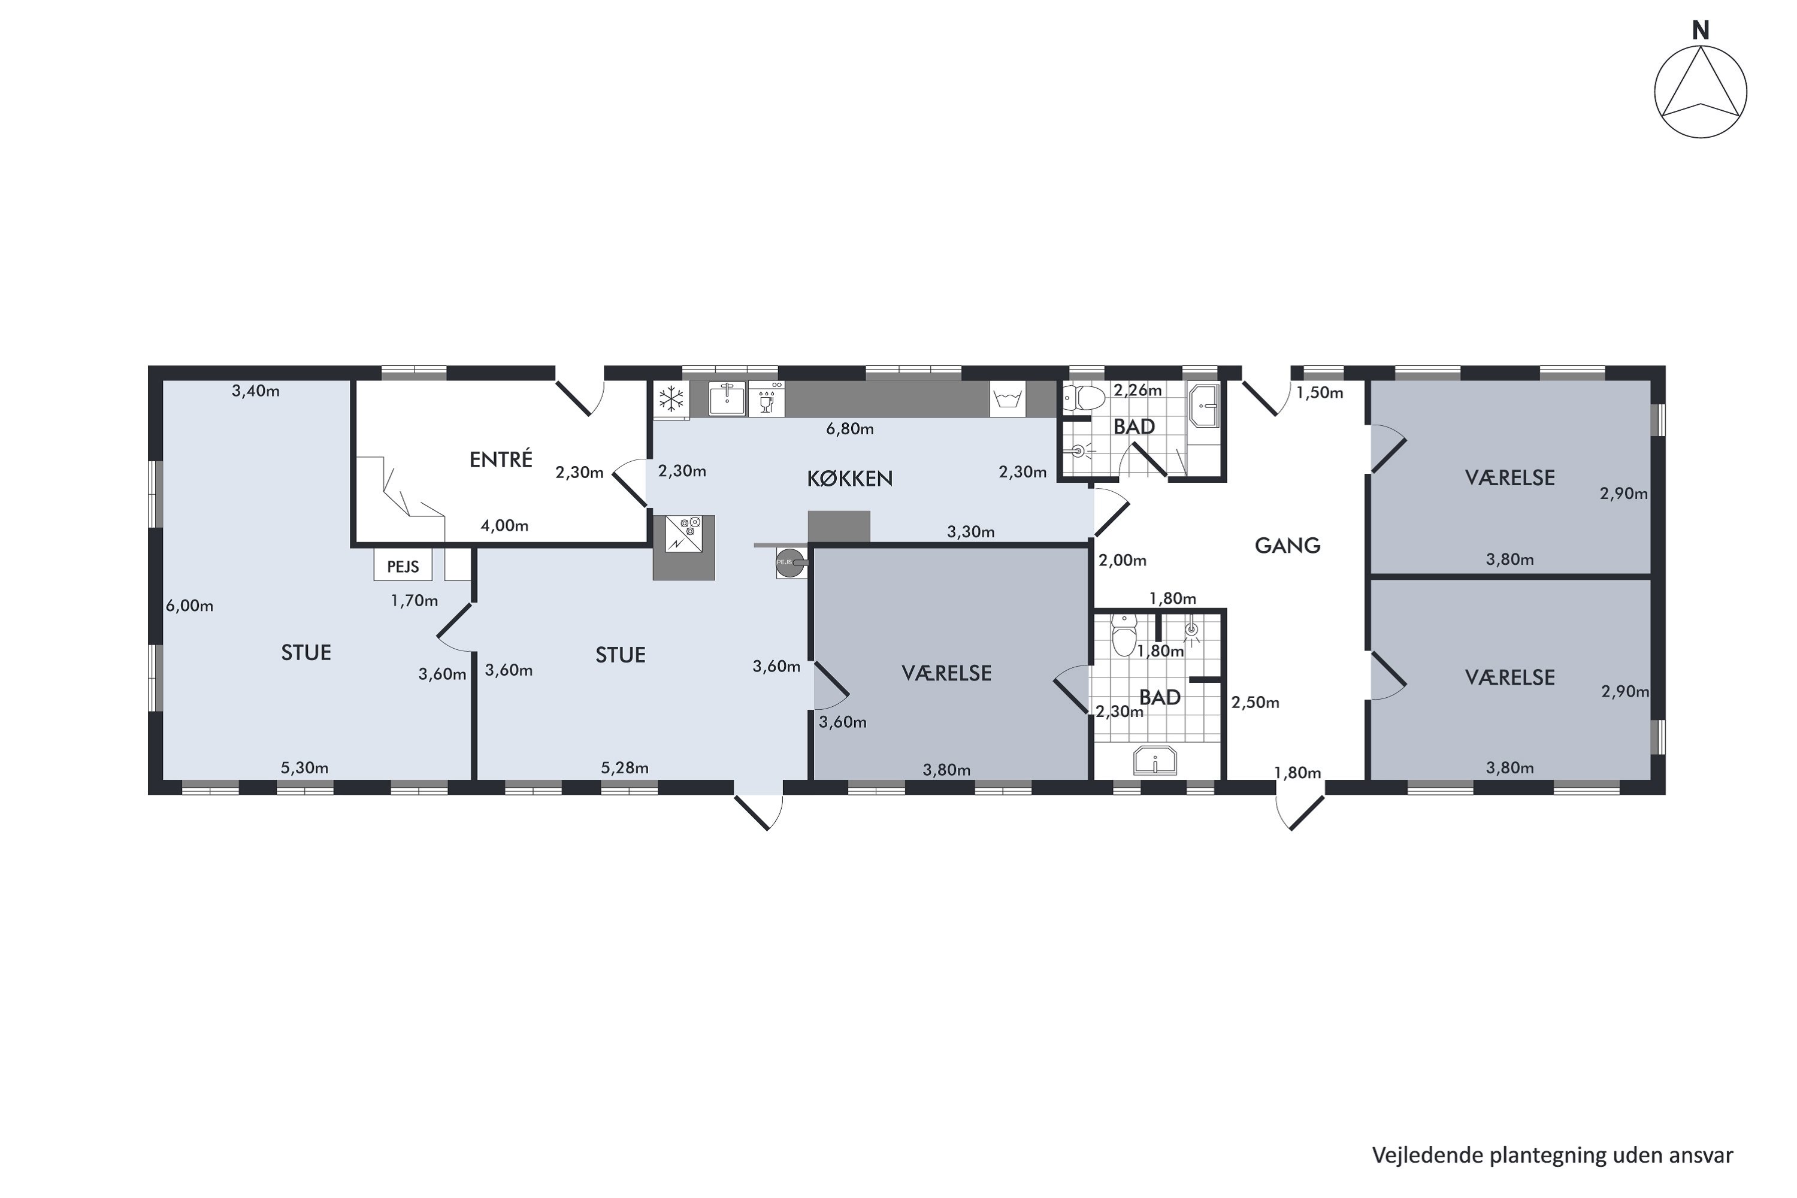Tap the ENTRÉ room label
pyautogui.click(x=500, y=459)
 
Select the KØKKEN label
pyautogui.click(x=849, y=479)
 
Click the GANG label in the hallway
pyautogui.click(x=1287, y=546)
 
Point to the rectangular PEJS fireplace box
pyautogui.click(x=403, y=566)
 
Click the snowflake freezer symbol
pyautogui.click(x=671, y=399)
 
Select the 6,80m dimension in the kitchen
pyautogui.click(x=849, y=429)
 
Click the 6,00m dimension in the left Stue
pyautogui.click(x=189, y=606)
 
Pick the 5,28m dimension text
pyautogui.click(x=624, y=768)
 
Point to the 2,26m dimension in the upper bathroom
pyautogui.click(x=1137, y=391)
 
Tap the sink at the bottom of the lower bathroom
pyautogui.click(x=1155, y=761)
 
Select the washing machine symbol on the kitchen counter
pyautogui.click(x=1008, y=399)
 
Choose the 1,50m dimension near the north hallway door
pyautogui.click(x=1320, y=394)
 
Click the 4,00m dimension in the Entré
pyautogui.click(x=504, y=526)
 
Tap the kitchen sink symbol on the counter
pyautogui.click(x=727, y=398)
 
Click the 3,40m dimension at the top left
pyautogui.click(x=256, y=391)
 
